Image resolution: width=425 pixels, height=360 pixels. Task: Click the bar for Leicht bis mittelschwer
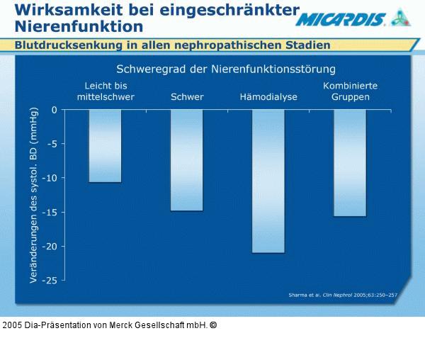tap(105, 146)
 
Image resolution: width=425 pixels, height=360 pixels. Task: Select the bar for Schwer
tap(186, 160)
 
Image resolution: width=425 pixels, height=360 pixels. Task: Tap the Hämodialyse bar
tap(268, 181)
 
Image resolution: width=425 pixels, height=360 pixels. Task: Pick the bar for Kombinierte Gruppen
tap(350, 163)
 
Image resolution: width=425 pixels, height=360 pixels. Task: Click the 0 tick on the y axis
tap(54, 110)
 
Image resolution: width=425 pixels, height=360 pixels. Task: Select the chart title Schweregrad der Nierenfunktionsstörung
tap(225, 69)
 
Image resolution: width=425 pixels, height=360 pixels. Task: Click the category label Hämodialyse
tap(268, 97)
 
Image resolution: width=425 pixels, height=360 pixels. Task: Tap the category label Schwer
tap(187, 97)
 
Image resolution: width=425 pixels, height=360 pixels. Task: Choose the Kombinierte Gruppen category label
tap(350, 91)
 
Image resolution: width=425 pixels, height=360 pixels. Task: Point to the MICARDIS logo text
tap(341, 20)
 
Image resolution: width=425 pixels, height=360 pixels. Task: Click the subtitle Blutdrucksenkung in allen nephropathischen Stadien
tap(173, 45)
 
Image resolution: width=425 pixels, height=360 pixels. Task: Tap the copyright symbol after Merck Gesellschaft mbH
tap(213, 325)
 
